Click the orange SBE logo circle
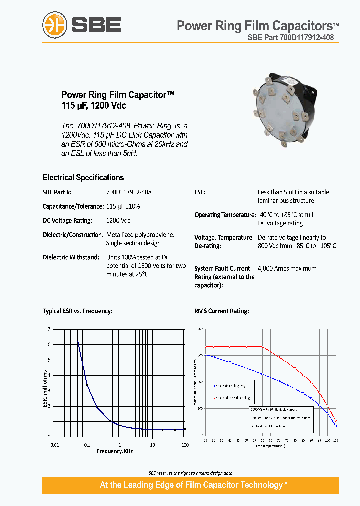(x=55, y=24)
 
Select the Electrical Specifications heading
(x=83, y=177)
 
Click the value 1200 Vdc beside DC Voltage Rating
(x=118, y=220)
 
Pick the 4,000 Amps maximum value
(x=287, y=268)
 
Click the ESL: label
(x=200, y=192)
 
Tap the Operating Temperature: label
(x=225, y=215)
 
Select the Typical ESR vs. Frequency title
(x=77, y=311)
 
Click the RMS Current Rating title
(x=221, y=311)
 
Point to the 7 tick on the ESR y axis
(x=49, y=329)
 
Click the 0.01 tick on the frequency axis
(x=54, y=444)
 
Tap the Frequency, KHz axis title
(x=115, y=451)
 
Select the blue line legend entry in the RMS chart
(x=230, y=386)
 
